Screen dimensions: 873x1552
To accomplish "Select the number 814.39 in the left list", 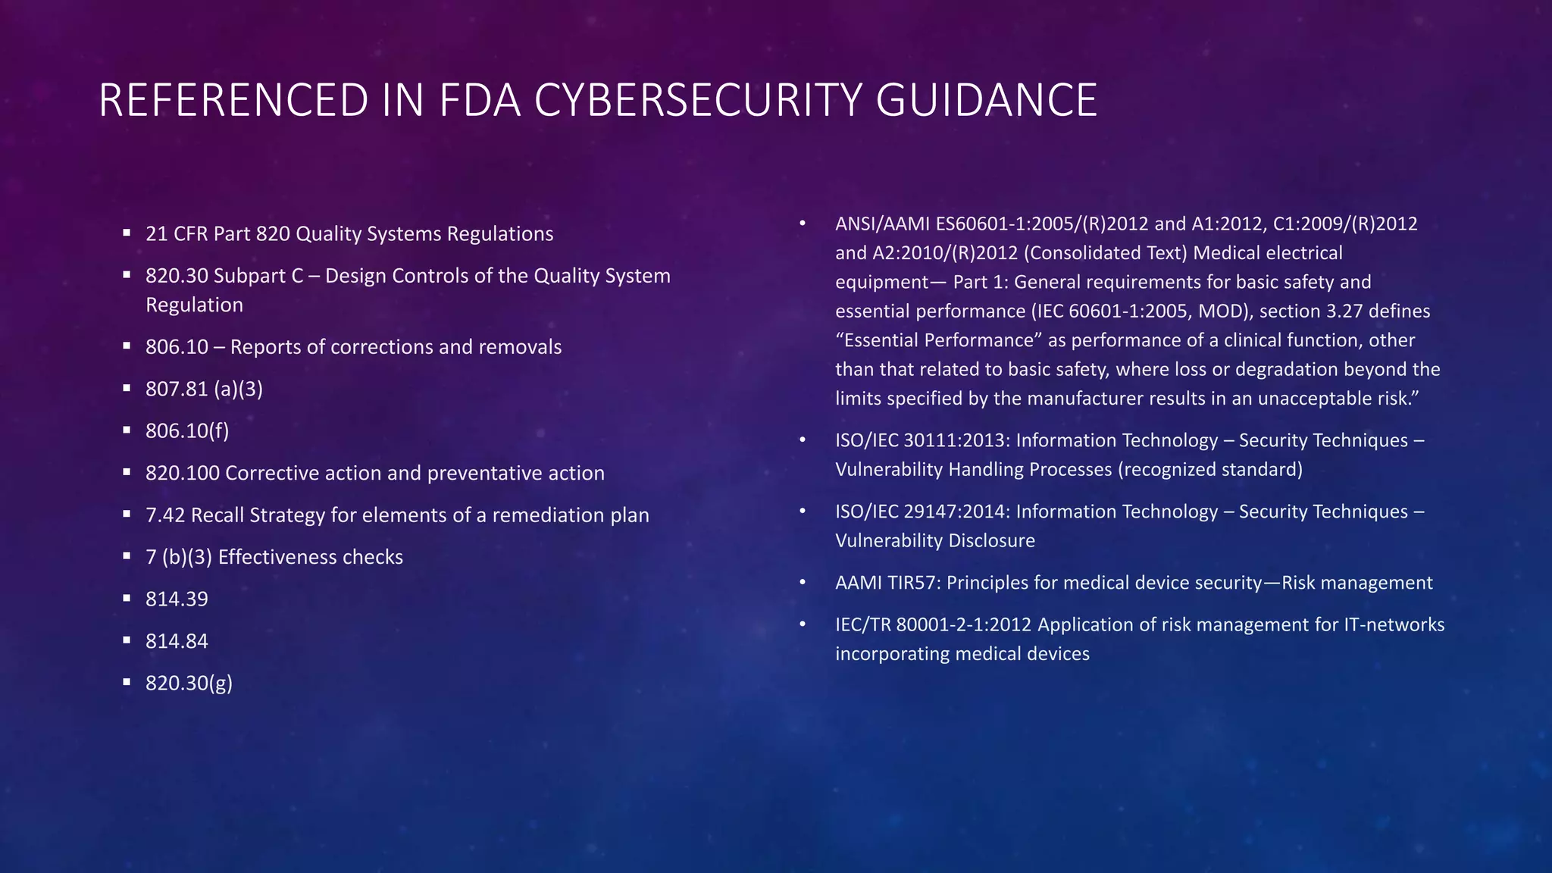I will point(177,599).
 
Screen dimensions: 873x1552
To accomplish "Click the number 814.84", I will point(177,641).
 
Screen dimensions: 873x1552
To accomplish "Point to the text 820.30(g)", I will point(189,684).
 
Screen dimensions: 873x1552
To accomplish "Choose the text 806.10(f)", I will point(187,431).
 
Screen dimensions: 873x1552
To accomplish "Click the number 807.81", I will point(177,390).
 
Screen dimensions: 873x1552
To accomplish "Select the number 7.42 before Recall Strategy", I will point(165,515).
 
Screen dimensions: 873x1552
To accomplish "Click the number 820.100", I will point(183,474).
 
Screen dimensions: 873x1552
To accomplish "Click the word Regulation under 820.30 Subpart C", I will point(195,305).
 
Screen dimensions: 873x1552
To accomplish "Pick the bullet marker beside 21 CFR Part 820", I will point(127,233).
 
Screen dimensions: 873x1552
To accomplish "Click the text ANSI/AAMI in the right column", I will point(882,224).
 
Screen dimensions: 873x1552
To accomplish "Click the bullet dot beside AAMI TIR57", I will point(802,582).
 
